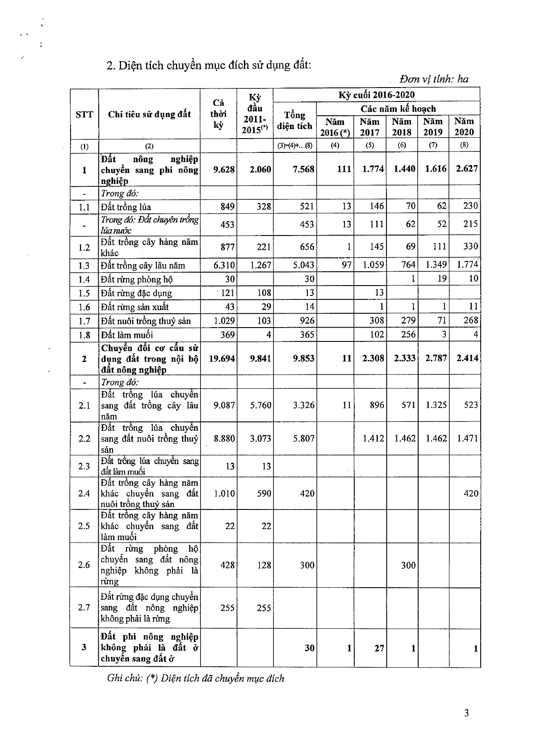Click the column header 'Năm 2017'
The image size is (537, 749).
369,127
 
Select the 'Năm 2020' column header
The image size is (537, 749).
464,126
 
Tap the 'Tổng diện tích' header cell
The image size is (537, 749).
294,121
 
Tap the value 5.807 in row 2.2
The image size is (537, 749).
304,438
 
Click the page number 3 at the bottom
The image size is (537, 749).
466,713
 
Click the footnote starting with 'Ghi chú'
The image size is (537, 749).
196,678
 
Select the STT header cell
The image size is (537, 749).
84,114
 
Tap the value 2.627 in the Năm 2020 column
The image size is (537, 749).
466,168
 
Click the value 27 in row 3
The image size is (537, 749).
379,648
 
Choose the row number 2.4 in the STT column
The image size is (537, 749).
84,493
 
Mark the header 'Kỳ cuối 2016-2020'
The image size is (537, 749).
376,95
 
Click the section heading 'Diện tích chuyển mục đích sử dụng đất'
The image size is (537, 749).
209,65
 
